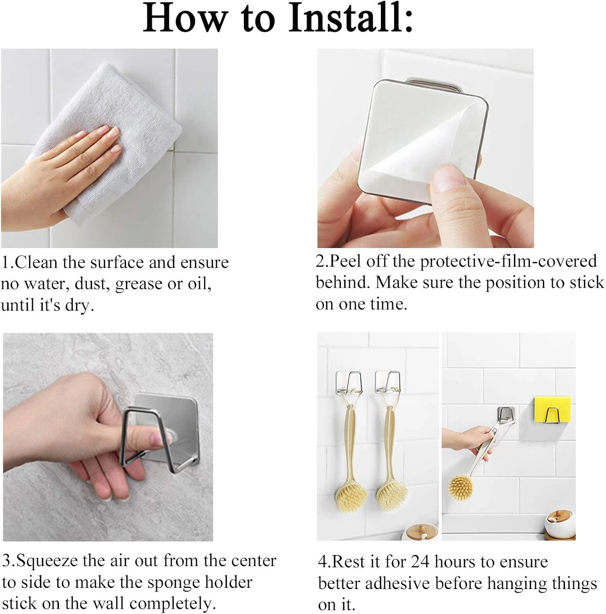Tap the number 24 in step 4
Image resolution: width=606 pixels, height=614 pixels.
[x=420, y=562]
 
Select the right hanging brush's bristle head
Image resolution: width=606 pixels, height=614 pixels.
[x=391, y=497]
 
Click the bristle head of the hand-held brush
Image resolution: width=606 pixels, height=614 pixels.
[x=461, y=487]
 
